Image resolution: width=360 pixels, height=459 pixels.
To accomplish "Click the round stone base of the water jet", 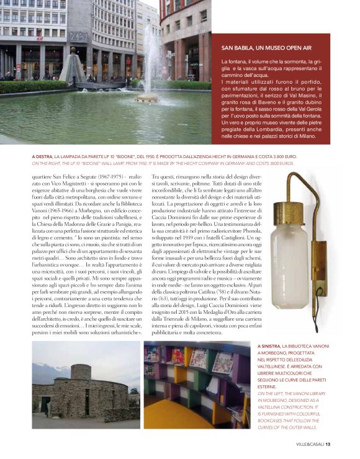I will tap(147, 97).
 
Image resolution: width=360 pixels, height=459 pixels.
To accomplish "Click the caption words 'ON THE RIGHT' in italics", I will tap(46, 163).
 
